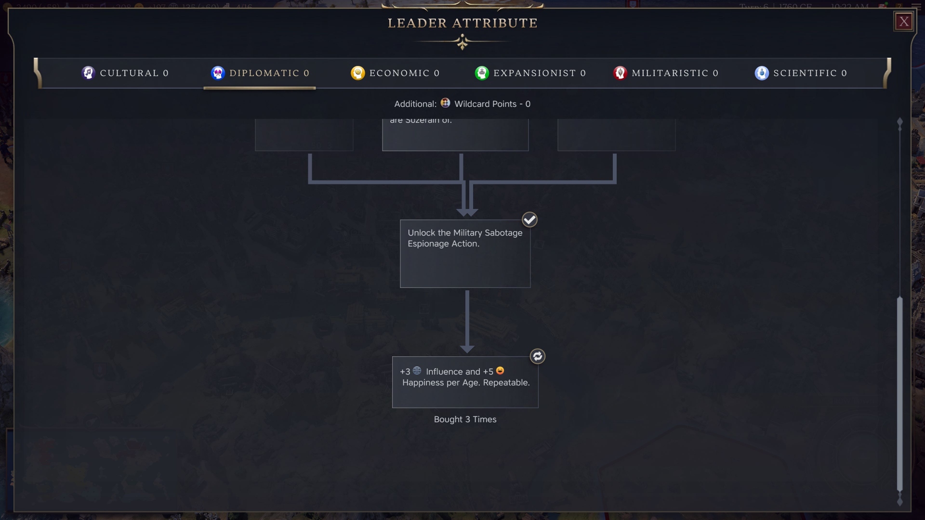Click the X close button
pyautogui.click(x=904, y=22)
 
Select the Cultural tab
pyautogui.click(x=125, y=73)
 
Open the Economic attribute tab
pyautogui.click(x=395, y=73)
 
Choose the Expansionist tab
pyautogui.click(x=530, y=73)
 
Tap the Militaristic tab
pyautogui.click(x=666, y=73)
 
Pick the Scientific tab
pyautogui.click(x=801, y=73)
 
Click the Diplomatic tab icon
pyautogui.click(x=218, y=73)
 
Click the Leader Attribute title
pyautogui.click(x=462, y=23)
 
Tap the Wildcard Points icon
pyautogui.click(x=445, y=103)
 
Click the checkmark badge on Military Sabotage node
pyautogui.click(x=529, y=220)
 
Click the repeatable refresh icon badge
pyautogui.click(x=537, y=356)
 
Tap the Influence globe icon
pyautogui.click(x=417, y=371)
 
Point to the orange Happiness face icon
pyautogui.click(x=500, y=371)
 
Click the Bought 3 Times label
pyautogui.click(x=465, y=419)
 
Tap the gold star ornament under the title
pyautogui.click(x=462, y=43)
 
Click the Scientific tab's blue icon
pyautogui.click(x=762, y=73)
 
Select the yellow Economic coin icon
pyautogui.click(x=357, y=73)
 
